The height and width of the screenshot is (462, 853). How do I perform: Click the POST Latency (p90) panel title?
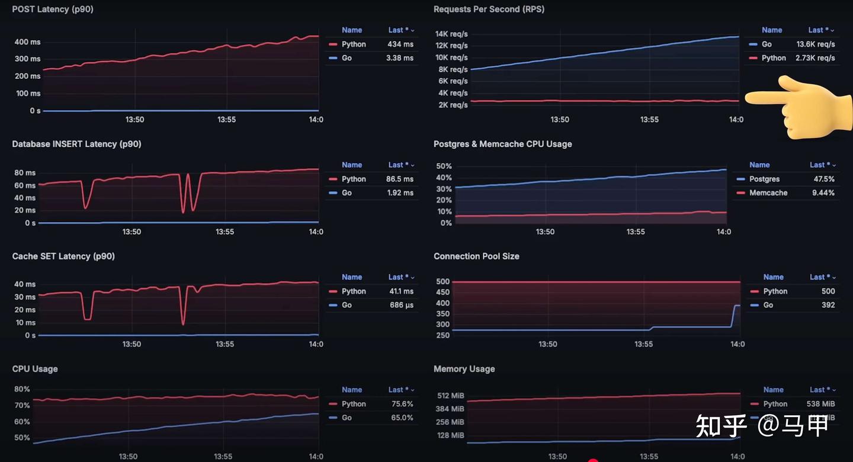[x=53, y=9]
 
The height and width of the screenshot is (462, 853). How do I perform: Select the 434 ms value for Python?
[x=400, y=44]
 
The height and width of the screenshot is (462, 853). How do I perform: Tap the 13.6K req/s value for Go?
[x=816, y=44]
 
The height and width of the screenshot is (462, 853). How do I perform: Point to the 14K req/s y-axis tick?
[x=451, y=34]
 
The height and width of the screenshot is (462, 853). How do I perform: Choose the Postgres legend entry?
[x=764, y=179]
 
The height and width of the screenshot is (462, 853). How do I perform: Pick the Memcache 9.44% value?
[x=824, y=192]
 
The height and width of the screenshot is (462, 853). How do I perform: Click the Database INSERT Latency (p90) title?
[x=76, y=144]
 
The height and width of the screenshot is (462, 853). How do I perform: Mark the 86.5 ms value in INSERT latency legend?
[x=400, y=179]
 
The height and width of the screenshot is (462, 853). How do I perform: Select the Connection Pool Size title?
[x=476, y=256]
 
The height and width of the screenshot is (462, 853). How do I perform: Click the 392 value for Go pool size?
[x=828, y=305]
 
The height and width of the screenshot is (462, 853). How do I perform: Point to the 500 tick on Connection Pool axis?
[x=442, y=281]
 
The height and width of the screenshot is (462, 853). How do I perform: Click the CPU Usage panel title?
[x=35, y=369]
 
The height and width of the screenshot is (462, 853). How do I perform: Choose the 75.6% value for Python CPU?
[x=402, y=404]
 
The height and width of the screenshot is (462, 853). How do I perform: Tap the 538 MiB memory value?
[x=820, y=404]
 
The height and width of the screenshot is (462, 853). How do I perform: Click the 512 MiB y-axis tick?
[x=451, y=396]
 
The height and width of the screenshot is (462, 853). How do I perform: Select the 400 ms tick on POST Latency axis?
[x=27, y=42]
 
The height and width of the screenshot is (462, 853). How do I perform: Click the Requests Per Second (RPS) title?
[x=489, y=9]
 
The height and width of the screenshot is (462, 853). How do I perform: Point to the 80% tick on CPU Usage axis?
[x=22, y=389]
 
